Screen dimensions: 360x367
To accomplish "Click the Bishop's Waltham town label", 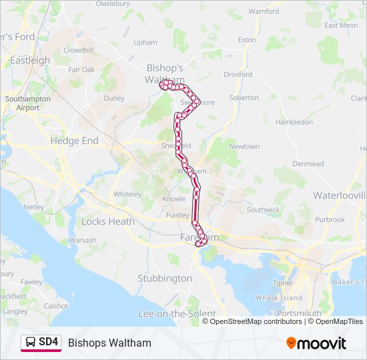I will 164,73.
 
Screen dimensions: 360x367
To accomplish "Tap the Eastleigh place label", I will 30,60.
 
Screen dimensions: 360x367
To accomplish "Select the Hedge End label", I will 74,141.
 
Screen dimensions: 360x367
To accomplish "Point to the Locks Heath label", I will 107,221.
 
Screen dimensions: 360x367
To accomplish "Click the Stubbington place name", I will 165,278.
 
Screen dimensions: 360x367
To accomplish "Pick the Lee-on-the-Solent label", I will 176,313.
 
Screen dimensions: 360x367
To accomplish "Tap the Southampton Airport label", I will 27,103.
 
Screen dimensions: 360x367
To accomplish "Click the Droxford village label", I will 238,75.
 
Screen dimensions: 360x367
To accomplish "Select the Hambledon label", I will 294,122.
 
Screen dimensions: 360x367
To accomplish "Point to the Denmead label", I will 308,163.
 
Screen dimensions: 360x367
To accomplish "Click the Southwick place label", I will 263,209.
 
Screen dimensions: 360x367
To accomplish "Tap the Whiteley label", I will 127,194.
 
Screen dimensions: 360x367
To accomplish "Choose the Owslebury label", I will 112,3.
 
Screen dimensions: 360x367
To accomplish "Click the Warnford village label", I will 264,11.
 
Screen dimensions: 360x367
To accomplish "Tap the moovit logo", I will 316,343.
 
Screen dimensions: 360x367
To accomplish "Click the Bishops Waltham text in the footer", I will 109,343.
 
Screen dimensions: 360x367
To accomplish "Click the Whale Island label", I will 278,298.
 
